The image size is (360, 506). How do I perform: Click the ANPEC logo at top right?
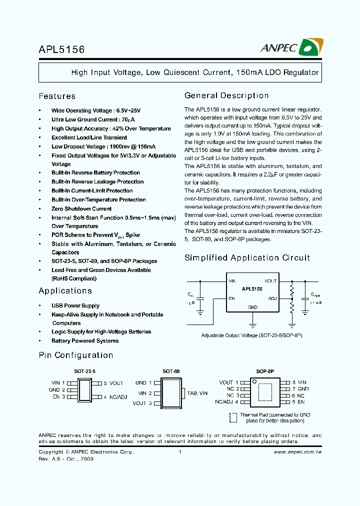pos(292,48)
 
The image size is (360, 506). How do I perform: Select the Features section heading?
pos(57,96)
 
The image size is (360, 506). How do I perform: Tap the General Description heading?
pos(226,95)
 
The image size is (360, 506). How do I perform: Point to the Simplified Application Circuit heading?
pos(247,257)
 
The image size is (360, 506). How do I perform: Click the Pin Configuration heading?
pos(75,355)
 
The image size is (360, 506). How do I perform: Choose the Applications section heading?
pos(65,290)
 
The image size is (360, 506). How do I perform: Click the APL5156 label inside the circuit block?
pos(252,289)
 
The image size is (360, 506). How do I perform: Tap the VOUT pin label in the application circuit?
pos(270,281)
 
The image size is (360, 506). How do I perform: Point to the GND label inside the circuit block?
pos(252,307)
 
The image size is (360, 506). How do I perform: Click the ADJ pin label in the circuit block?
pos(272,298)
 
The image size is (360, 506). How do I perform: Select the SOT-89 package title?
pos(170,371)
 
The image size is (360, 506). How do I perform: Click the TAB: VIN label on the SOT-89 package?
pos(197,393)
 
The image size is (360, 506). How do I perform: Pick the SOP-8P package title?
pos(265,371)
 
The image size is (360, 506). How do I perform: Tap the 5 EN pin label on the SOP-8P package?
pos(298,401)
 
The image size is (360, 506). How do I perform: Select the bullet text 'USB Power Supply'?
pos(75,305)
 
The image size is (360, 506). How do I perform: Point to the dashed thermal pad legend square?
pos(233,417)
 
